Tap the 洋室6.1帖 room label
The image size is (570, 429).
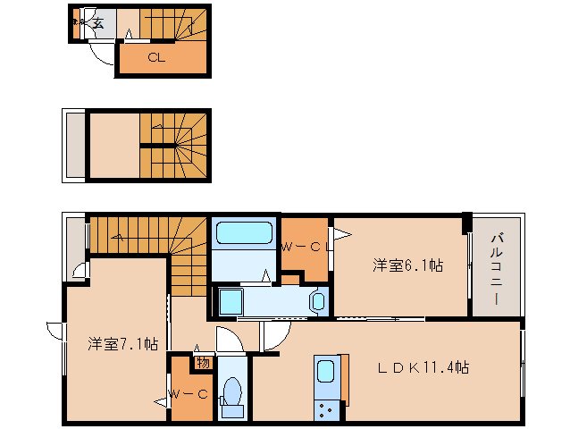click(x=407, y=265)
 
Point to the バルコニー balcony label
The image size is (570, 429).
click(x=497, y=267)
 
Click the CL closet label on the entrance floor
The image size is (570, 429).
click(x=155, y=58)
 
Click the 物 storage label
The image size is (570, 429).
click(x=203, y=361)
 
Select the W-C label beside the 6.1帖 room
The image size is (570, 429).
click(x=301, y=247)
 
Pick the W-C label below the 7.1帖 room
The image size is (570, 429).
click(x=189, y=392)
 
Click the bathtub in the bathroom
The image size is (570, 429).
click(x=244, y=234)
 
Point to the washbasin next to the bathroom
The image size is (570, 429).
click(x=317, y=301)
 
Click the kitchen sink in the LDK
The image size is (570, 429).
click(x=325, y=372)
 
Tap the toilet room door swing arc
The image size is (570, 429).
click(x=225, y=340)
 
